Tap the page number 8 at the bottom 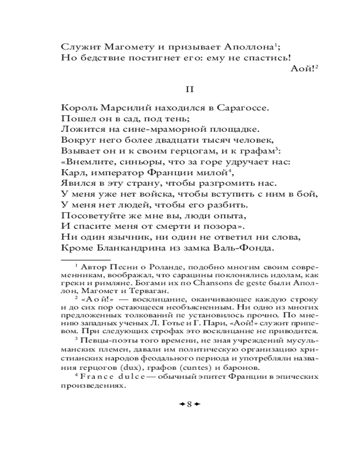(x=189, y=404)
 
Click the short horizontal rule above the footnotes (x=85, y=260)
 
